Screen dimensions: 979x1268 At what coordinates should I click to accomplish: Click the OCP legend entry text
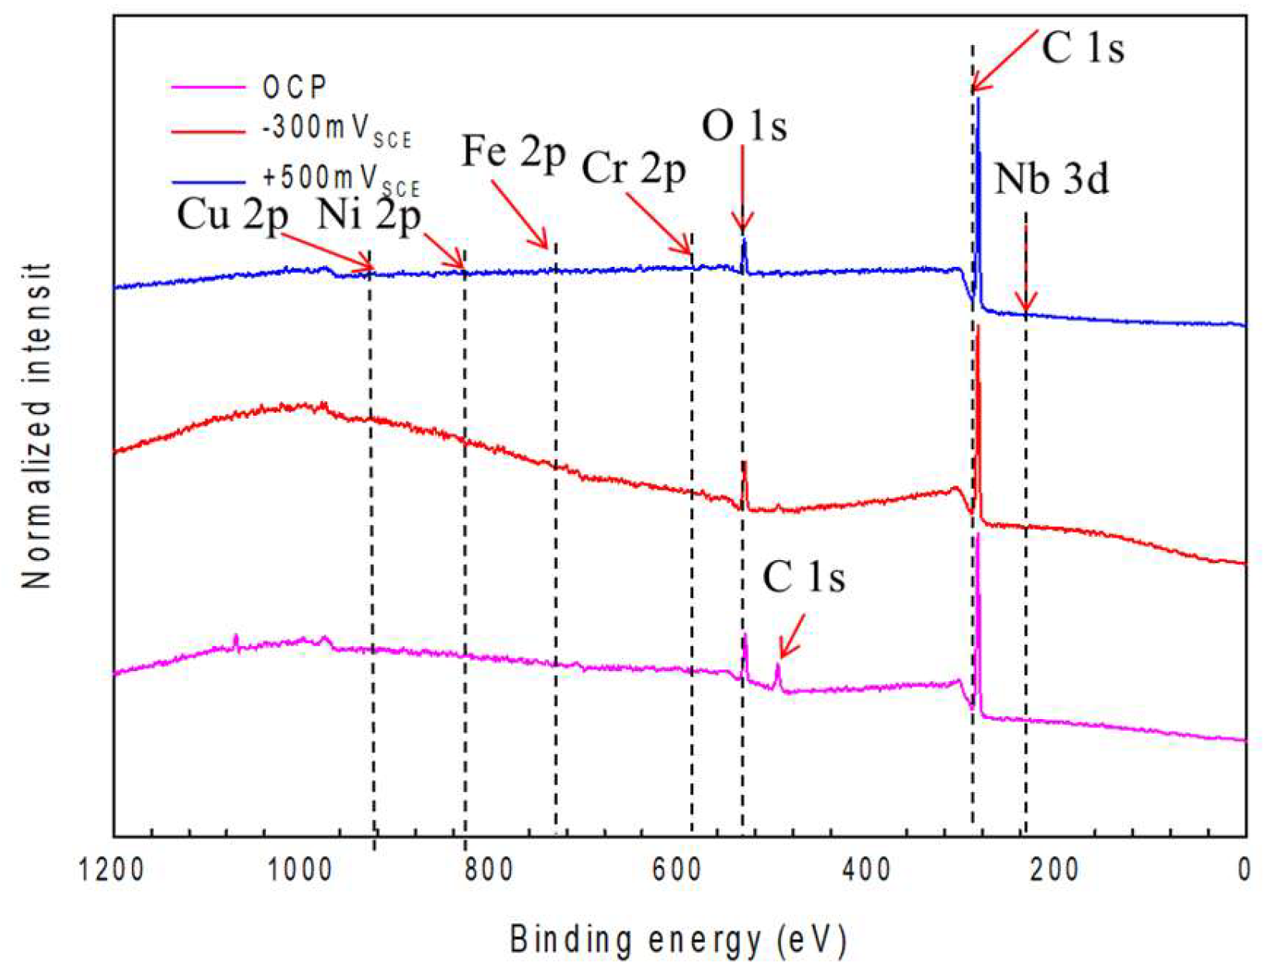(x=295, y=88)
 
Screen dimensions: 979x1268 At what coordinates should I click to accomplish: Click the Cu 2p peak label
(x=232, y=215)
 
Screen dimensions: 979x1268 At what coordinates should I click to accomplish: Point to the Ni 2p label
(x=368, y=215)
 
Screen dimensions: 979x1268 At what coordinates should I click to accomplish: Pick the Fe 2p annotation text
(x=513, y=152)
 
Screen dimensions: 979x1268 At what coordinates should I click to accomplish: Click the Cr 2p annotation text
(x=634, y=168)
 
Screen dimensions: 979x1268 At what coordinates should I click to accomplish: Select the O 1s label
(x=744, y=126)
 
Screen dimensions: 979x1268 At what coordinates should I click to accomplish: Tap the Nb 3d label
(x=1051, y=180)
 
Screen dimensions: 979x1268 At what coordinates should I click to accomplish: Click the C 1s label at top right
(x=1082, y=48)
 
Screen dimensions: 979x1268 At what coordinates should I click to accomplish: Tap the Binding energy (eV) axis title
(x=678, y=940)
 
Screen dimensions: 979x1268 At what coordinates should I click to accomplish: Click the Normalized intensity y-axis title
(x=36, y=427)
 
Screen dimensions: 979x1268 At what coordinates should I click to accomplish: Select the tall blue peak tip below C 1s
(x=978, y=99)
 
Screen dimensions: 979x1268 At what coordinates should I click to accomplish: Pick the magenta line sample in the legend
(x=207, y=88)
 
